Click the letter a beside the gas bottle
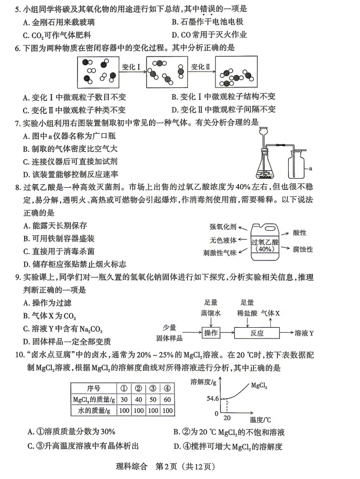point(310,168)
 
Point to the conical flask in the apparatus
point(264,163)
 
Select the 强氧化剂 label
point(223,227)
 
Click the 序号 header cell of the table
point(93,388)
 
